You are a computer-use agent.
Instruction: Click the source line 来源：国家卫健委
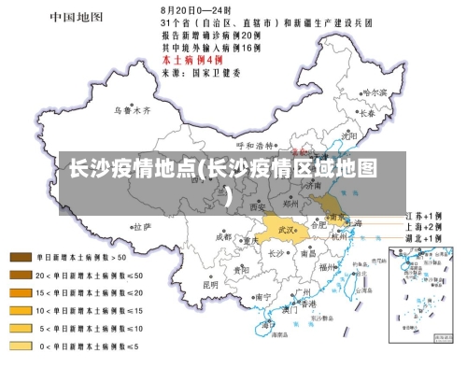click(201, 70)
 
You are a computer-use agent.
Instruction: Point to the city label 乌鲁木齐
click(131, 110)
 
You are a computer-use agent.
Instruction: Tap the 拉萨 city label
click(141, 226)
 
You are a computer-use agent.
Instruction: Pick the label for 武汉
click(284, 228)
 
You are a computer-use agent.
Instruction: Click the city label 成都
click(223, 237)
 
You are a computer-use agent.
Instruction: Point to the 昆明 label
click(212, 283)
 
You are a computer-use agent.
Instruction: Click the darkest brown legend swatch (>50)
click(21, 256)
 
